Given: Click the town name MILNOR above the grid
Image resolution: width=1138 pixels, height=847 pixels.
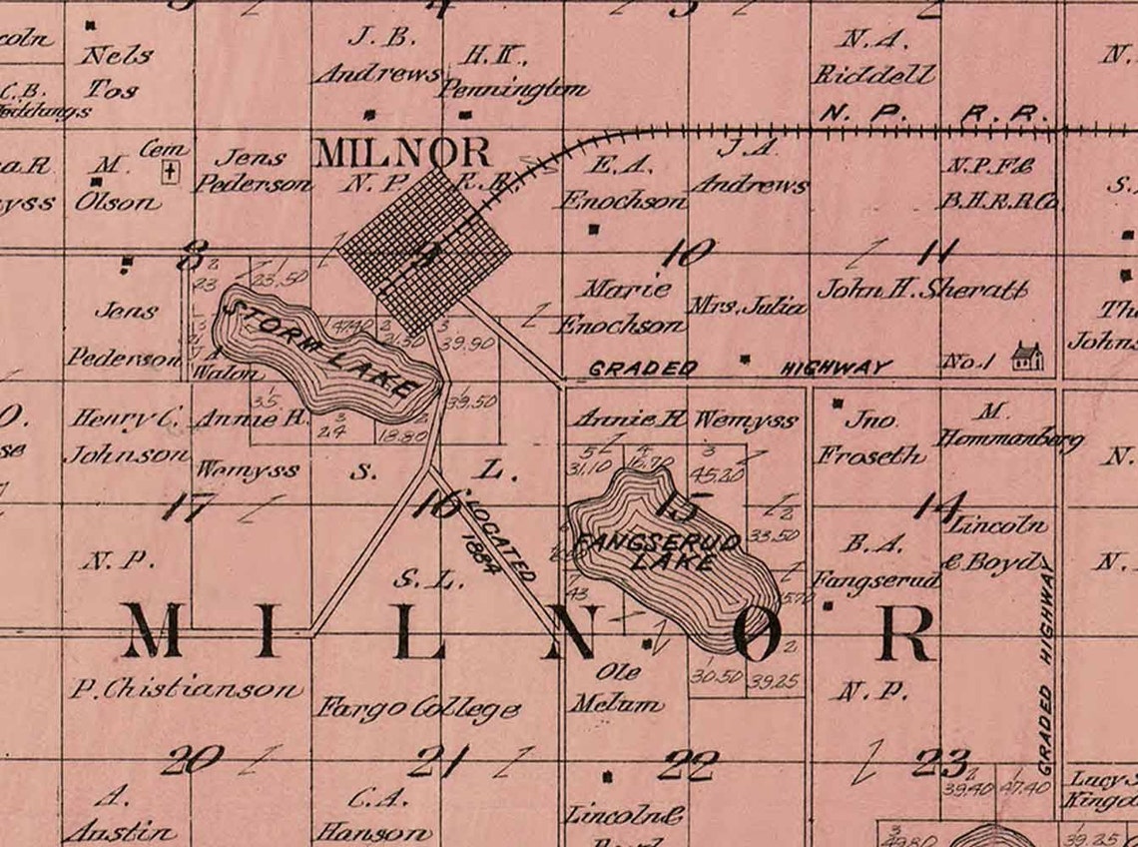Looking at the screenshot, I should click(402, 153).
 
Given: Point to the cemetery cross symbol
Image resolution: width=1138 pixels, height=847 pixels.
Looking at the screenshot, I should click(171, 173).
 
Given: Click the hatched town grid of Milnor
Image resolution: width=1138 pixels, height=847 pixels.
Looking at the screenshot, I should click(424, 250).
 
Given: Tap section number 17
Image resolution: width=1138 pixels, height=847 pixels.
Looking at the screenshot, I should click(185, 507).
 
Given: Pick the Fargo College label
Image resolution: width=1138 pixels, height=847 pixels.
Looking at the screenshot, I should click(418, 709).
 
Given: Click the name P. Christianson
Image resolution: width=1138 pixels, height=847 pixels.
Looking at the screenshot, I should click(186, 688).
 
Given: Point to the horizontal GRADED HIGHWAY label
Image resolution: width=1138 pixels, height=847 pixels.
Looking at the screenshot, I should click(738, 368).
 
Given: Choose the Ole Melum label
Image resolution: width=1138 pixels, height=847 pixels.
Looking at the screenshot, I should click(616, 688).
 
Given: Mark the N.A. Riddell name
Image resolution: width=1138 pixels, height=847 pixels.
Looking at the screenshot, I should click(873, 58).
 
